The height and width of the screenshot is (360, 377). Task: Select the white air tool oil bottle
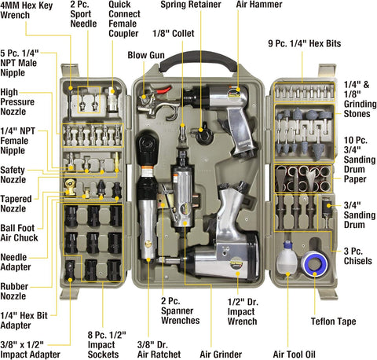point(287,258)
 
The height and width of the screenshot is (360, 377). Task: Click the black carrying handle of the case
point(198,60)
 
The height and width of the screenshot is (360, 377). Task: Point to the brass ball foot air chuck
point(70,186)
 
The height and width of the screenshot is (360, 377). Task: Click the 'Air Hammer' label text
point(259,4)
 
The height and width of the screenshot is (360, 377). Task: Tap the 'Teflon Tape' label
point(333,321)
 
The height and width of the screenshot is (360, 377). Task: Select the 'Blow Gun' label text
point(146,55)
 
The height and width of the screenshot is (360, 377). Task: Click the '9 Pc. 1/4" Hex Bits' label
point(305,43)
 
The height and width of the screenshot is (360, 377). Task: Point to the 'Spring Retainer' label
point(191,4)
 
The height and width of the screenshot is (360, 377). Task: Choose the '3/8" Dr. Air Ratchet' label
point(159,350)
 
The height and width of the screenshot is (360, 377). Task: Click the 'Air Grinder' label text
point(221,354)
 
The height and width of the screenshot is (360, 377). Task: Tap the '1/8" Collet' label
point(174,34)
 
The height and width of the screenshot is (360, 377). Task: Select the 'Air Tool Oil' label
point(294,354)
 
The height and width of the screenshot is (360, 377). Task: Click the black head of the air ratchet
point(147,145)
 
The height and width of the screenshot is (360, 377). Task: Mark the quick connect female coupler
point(112,100)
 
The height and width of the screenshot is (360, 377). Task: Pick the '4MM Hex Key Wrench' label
point(26,10)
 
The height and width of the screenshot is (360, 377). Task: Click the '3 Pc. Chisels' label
point(357,256)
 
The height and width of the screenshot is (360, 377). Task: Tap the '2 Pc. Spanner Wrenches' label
point(180,310)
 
